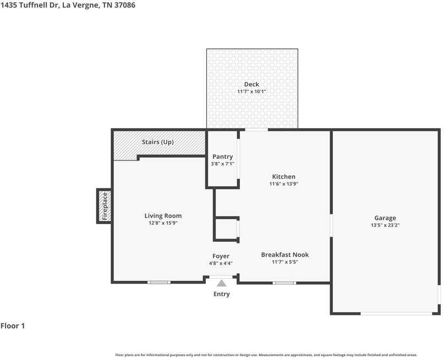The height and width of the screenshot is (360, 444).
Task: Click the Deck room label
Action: click(251, 84)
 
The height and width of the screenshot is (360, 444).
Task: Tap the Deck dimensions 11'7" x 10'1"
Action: click(251, 92)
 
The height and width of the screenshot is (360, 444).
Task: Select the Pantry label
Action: click(223, 157)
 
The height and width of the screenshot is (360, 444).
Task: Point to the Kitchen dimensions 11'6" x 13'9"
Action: click(284, 184)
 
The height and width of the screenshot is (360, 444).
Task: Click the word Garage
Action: click(385, 218)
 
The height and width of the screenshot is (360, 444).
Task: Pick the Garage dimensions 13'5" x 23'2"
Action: click(385, 225)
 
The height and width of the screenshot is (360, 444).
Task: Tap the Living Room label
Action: click(163, 216)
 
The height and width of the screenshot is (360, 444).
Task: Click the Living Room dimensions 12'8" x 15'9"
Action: click(163, 223)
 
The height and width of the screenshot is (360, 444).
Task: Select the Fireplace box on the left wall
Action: click(105, 206)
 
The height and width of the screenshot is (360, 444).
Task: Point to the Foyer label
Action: click(221, 256)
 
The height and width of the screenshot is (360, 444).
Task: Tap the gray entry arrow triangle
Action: click(221, 283)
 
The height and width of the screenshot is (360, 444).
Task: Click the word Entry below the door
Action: click(221, 294)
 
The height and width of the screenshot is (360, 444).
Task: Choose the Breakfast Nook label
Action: click(285, 255)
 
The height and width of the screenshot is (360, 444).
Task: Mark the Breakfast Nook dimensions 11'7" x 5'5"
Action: click(285, 262)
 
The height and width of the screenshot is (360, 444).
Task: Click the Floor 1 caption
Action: click(13, 326)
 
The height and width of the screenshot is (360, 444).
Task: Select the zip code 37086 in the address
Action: click(125, 5)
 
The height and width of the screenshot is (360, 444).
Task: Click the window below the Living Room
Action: click(159, 283)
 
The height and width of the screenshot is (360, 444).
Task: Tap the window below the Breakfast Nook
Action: click(284, 283)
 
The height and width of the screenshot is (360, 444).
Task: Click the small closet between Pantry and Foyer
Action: click(226, 229)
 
